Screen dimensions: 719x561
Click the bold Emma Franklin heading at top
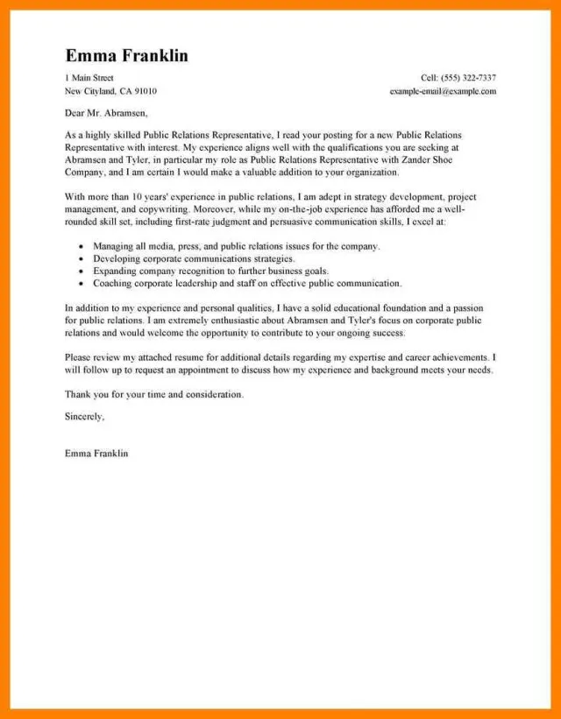pyautogui.click(x=126, y=56)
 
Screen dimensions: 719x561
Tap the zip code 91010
pyautogui.click(x=146, y=91)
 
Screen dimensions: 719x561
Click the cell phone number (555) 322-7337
pyautogui.click(x=471, y=78)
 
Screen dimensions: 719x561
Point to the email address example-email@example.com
pyautogui.click(x=443, y=91)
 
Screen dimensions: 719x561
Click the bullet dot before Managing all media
pyautogui.click(x=82, y=248)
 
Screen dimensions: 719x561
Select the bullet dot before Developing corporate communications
pyautogui.click(x=82, y=260)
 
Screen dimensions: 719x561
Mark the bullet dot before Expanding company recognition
pyautogui.click(x=82, y=272)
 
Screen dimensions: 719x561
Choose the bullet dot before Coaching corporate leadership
pyautogui.click(x=82, y=285)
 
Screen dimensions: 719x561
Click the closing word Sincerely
pyautogui.click(x=84, y=417)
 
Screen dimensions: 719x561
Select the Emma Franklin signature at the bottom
pyautogui.click(x=96, y=454)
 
